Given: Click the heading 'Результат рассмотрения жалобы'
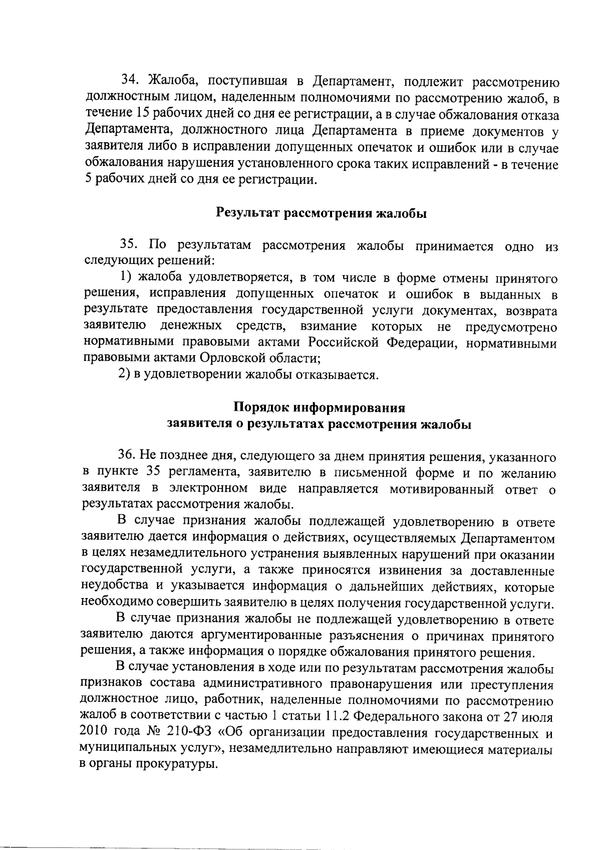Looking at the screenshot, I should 321,214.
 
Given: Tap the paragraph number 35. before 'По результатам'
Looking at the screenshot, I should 131,245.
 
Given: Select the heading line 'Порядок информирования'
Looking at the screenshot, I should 319,406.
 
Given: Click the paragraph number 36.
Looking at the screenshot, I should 128,456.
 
